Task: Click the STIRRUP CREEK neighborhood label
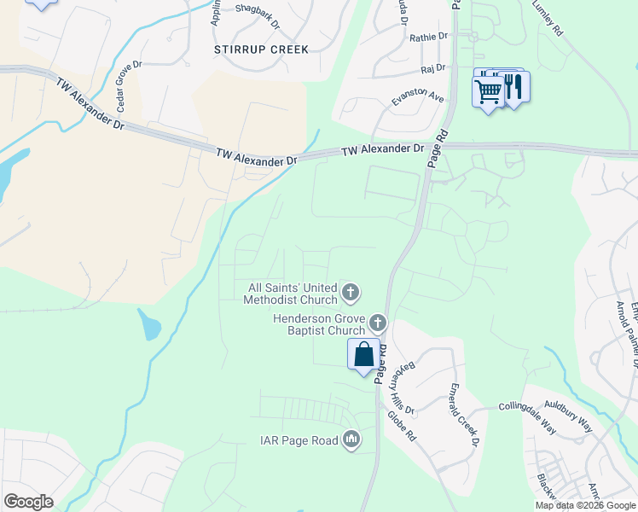[x=261, y=49]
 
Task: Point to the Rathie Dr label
[x=428, y=38]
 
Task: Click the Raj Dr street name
[x=433, y=68]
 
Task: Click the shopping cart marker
[x=488, y=90]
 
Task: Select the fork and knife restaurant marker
[x=513, y=87]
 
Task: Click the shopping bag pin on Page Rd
[x=363, y=354]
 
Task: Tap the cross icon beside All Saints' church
[x=350, y=294]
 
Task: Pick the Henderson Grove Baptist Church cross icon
[x=378, y=323]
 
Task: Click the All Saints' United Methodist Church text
[x=292, y=294]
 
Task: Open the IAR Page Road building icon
[x=351, y=440]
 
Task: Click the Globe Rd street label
[x=400, y=428]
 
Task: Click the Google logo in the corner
[x=28, y=502]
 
